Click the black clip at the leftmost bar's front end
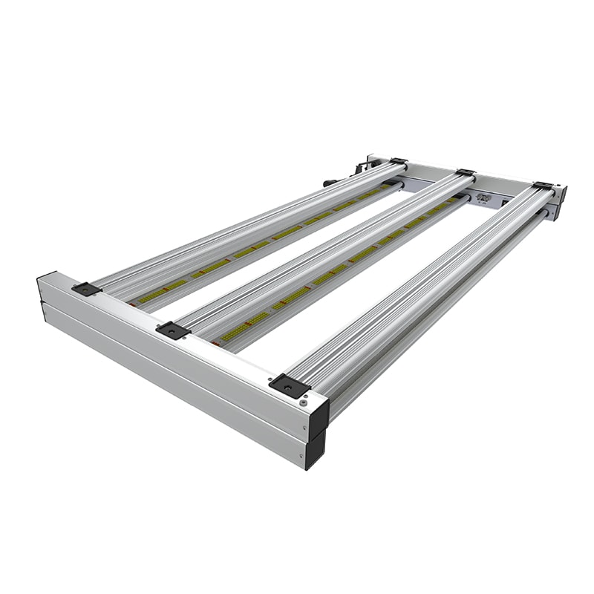86,289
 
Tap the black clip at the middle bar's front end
173,330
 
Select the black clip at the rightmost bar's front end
289,385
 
